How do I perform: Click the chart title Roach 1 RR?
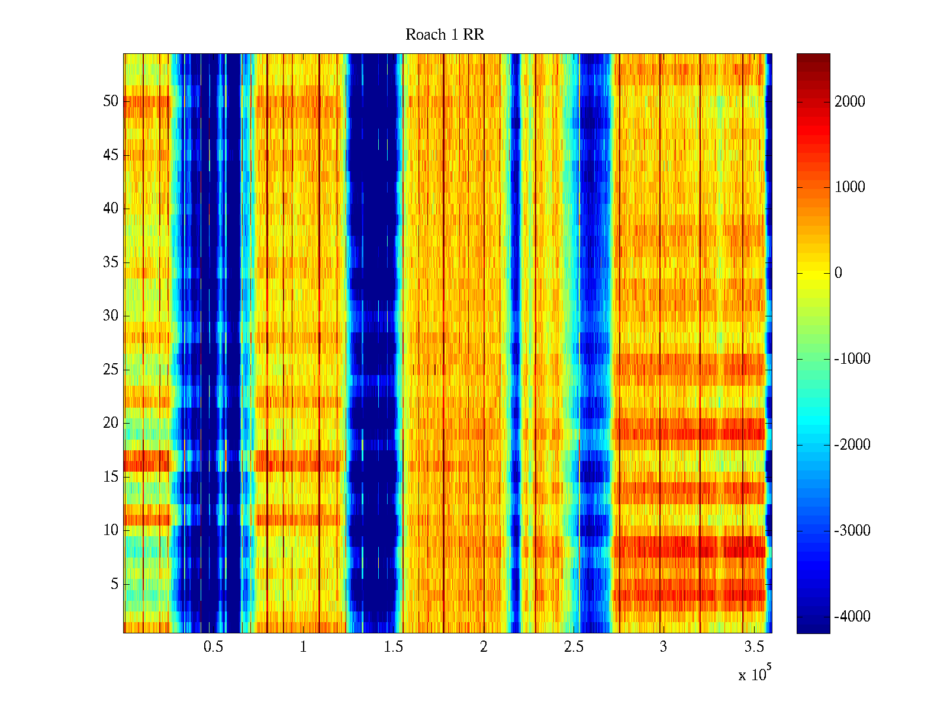click(444, 35)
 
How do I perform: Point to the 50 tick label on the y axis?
click(111, 101)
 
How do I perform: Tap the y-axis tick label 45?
click(111, 155)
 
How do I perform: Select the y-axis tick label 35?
click(111, 262)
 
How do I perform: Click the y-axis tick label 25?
click(111, 370)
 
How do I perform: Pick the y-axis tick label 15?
click(111, 477)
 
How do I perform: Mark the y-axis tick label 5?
click(114, 584)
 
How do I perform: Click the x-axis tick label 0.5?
click(213, 647)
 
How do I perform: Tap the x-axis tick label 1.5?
click(393, 647)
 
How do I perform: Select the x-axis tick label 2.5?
click(574, 647)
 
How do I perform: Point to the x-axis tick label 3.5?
click(753, 647)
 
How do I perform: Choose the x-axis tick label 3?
click(663, 647)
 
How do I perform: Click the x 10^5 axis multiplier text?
click(754, 674)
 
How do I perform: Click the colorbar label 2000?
click(850, 102)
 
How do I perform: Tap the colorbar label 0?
click(838, 273)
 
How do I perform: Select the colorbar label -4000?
click(852, 617)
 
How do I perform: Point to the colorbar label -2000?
click(852, 445)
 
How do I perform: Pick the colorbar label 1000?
click(850, 187)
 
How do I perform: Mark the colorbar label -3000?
click(852, 531)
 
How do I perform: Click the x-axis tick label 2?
click(484, 647)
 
